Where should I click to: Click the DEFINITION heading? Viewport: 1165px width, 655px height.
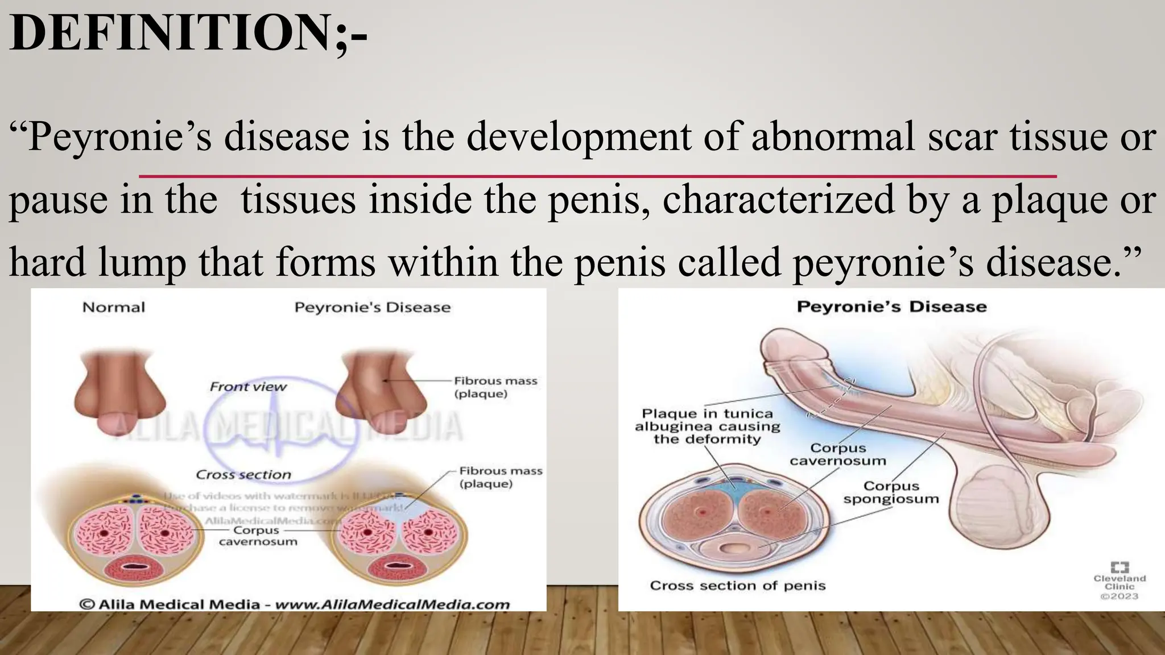[188, 33]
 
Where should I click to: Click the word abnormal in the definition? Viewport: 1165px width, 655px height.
[833, 137]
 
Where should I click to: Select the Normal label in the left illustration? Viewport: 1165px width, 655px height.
[114, 308]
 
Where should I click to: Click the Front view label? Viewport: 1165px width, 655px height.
[248, 387]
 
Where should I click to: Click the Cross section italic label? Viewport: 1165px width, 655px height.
[243, 475]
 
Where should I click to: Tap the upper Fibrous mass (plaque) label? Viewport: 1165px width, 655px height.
[495, 387]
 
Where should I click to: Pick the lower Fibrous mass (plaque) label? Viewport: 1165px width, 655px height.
[500, 477]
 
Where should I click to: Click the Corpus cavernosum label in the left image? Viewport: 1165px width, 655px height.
[257, 536]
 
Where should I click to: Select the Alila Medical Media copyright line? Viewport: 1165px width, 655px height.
[294, 604]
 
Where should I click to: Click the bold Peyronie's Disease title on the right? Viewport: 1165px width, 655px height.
[891, 307]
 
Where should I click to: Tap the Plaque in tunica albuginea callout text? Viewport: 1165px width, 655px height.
[707, 426]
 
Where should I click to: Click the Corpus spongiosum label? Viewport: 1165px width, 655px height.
[891, 492]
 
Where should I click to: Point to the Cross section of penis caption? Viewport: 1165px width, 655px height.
[737, 586]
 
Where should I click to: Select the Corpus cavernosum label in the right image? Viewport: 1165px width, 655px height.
[837, 454]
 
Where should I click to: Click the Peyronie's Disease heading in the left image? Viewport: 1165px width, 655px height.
[372, 308]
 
